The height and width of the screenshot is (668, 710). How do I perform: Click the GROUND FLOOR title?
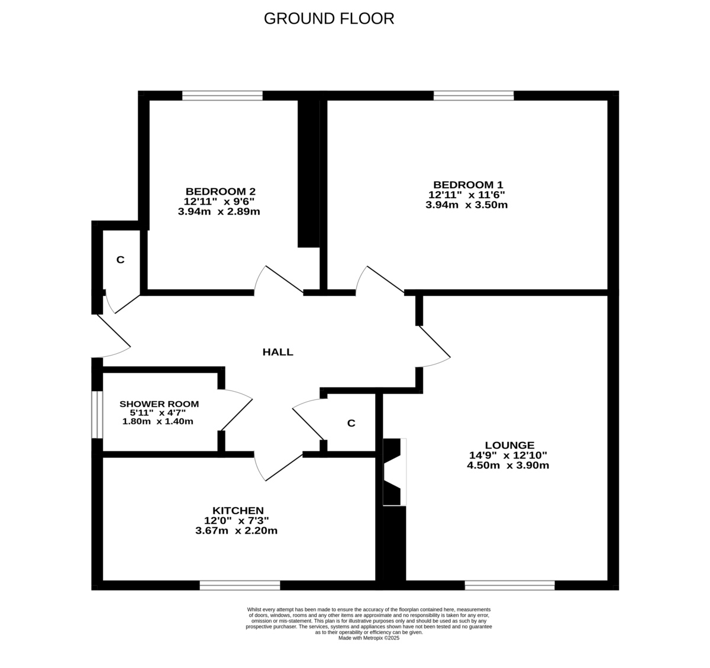pos(328,18)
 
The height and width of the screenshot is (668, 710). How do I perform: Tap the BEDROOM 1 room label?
pos(467,184)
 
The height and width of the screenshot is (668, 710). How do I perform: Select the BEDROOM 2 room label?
pos(220,191)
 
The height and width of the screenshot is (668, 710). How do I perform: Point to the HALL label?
pos(277,352)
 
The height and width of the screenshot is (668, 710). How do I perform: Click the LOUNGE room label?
pos(509,445)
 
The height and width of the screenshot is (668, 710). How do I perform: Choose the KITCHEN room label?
pos(238,510)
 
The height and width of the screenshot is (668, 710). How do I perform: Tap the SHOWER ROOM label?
pos(159,404)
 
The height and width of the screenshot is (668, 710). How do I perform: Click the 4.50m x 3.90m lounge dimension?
pos(508,465)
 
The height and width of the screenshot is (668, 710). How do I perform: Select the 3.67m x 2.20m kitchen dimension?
pos(236,531)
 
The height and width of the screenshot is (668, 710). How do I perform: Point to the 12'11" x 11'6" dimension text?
pos(466,195)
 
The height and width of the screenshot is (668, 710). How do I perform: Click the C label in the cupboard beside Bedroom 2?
pos(120,260)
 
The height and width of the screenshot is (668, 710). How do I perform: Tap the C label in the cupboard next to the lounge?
pos(351,423)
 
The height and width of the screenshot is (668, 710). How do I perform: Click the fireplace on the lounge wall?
pos(395,472)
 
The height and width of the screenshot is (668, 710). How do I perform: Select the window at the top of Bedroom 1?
pos(473,95)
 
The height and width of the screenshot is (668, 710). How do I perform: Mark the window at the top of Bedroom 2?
pos(222,95)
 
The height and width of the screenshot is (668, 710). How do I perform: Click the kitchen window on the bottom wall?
pos(240,585)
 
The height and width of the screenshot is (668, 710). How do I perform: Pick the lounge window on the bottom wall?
pos(509,585)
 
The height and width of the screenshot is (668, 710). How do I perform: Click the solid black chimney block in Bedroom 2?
pos(308,172)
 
